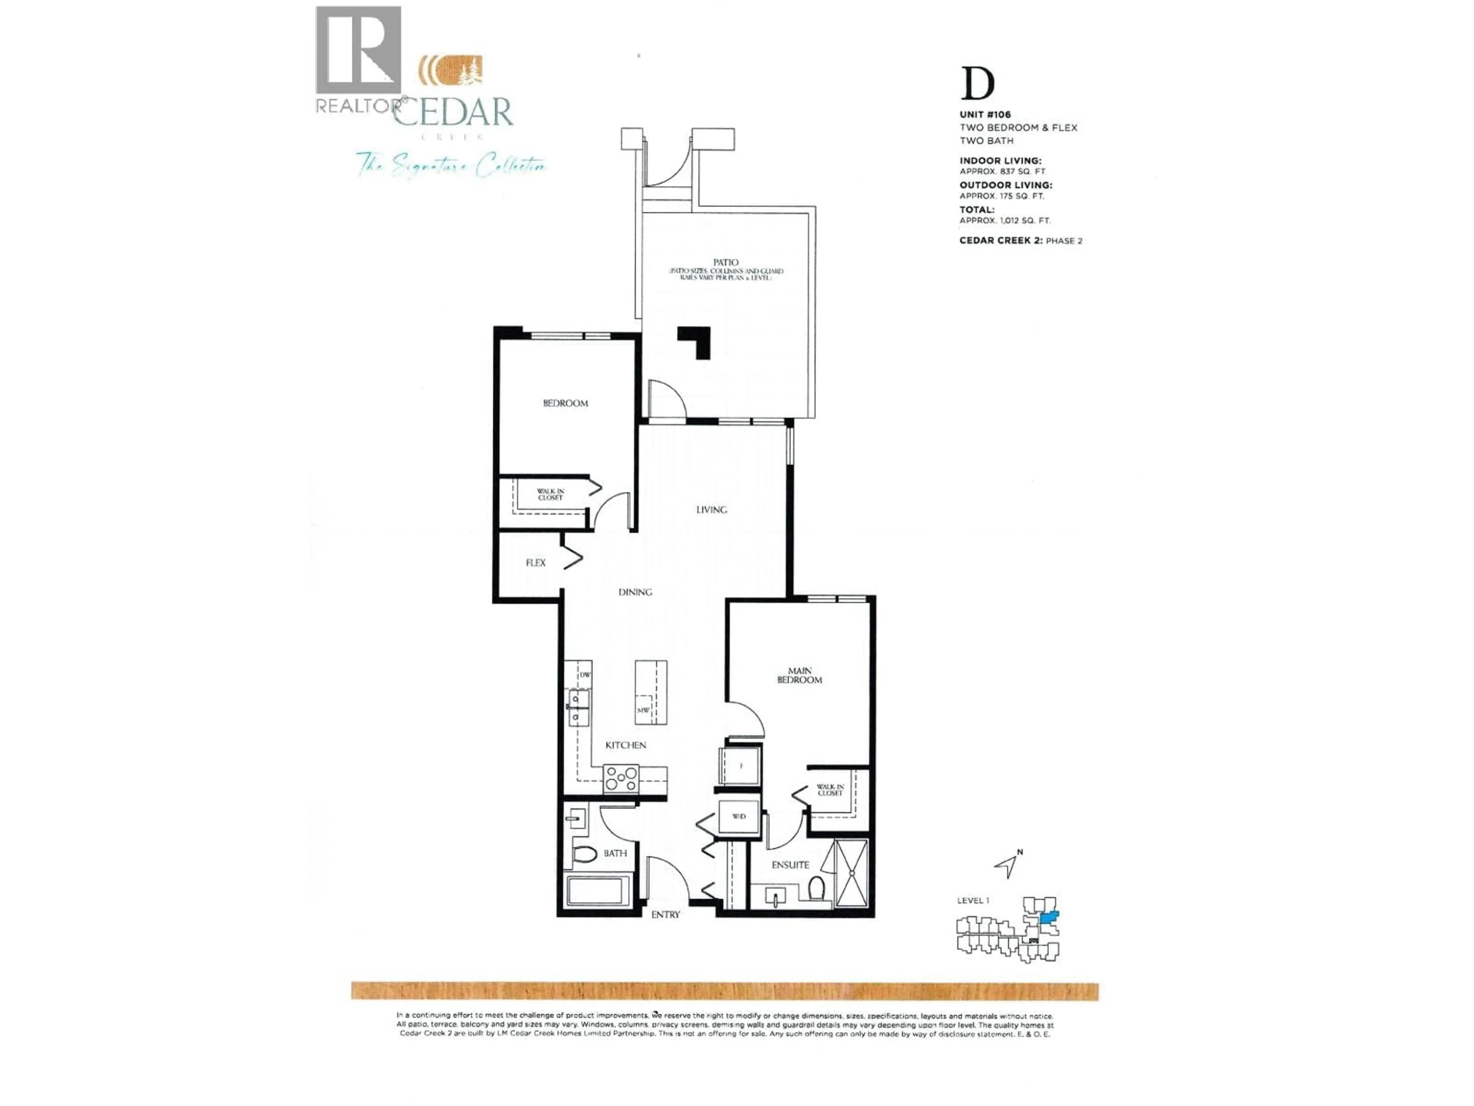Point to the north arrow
(x=1008, y=865)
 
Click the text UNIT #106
(x=985, y=115)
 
